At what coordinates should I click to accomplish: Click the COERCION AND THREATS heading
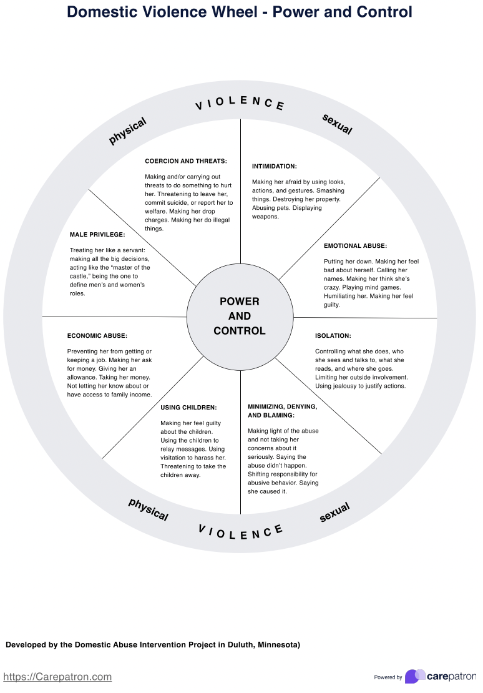[x=186, y=161]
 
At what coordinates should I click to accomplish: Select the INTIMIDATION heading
[x=275, y=166]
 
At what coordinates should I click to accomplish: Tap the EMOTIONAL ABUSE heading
[x=355, y=246]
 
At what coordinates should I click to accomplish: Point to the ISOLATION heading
[x=333, y=336]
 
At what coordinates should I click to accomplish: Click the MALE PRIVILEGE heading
[x=97, y=235]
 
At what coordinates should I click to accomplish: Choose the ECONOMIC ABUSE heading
[x=97, y=336]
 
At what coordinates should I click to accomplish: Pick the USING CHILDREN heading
[x=188, y=408]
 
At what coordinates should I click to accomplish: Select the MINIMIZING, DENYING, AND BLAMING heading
[x=282, y=411]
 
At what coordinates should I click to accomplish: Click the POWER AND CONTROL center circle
[x=240, y=316]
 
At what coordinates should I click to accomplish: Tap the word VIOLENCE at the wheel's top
[x=240, y=103]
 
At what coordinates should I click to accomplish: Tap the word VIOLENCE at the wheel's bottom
[x=241, y=531]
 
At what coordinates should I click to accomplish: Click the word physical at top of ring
[x=127, y=131]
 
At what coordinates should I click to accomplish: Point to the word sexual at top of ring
[x=338, y=124]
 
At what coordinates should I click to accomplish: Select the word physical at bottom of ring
[x=149, y=509]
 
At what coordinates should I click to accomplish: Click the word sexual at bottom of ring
[x=334, y=513]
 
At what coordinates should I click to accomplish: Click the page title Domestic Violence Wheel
[x=240, y=12]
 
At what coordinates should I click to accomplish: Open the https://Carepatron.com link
[x=57, y=677]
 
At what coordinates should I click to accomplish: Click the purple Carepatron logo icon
[x=415, y=676]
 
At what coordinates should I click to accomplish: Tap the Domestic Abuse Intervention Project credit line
[x=153, y=644]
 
